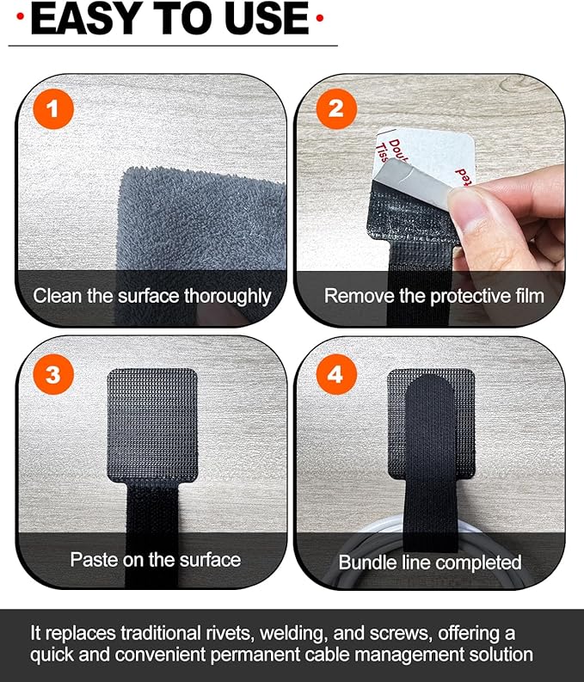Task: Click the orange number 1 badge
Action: [53, 109]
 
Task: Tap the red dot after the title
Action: [319, 18]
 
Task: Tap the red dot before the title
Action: [20, 18]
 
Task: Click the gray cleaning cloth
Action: [206, 215]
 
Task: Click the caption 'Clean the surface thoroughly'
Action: [152, 296]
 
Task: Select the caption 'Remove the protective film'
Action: [433, 296]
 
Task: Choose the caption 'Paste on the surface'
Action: [155, 559]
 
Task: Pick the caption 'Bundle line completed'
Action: [430, 562]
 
